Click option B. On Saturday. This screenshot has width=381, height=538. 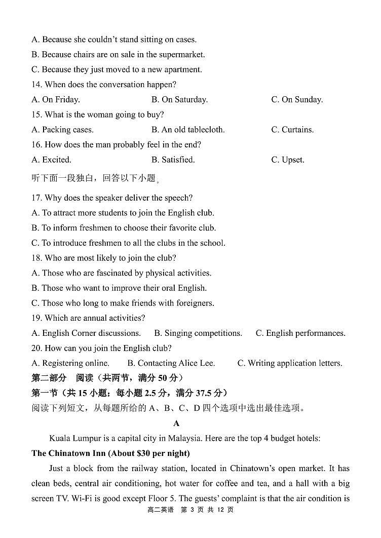[x=179, y=100]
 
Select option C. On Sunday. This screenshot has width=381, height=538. [x=297, y=100]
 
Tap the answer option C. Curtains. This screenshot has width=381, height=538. [x=292, y=130]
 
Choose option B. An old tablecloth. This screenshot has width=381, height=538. [x=187, y=130]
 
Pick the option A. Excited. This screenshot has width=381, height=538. [x=51, y=160]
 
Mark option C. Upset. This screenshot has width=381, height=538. [x=288, y=160]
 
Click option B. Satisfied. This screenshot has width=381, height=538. [x=173, y=160]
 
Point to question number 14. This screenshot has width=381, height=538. [x=36, y=85]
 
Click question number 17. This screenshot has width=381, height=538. [x=36, y=198]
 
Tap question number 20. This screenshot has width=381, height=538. [x=36, y=348]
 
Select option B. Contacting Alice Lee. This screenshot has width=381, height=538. [x=171, y=363]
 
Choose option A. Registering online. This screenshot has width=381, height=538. [x=70, y=363]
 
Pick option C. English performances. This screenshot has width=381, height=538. [x=300, y=333]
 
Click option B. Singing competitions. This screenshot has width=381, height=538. [x=198, y=333]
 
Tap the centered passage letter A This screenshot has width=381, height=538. [x=176, y=423]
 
